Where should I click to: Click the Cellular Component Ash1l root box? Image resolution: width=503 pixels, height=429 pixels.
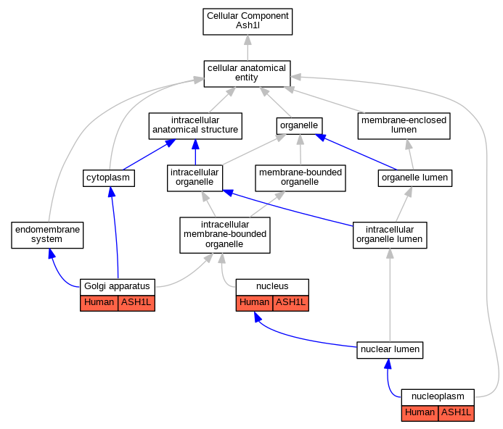(248, 22)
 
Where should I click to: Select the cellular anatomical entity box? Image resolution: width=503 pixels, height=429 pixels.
(247, 74)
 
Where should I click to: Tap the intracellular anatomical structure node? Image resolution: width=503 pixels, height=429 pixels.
(195, 126)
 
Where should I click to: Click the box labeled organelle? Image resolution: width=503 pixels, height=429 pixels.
(299, 126)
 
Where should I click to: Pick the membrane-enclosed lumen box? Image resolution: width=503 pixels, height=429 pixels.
(404, 126)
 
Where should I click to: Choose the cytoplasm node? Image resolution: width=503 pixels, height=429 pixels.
(108, 178)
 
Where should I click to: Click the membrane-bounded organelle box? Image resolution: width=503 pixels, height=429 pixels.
(300, 178)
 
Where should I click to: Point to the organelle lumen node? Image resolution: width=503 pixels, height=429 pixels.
(414, 178)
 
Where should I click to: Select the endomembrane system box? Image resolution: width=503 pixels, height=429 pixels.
(47, 235)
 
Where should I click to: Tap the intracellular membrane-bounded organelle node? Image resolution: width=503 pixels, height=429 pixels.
(225, 236)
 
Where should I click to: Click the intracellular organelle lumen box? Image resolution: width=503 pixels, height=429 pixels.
(390, 235)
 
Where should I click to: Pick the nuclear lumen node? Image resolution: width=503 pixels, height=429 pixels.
(390, 350)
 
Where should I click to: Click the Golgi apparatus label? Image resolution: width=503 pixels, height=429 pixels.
(117, 286)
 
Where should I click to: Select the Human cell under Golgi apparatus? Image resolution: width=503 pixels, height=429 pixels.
(99, 303)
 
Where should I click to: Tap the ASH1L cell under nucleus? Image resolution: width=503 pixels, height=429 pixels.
(290, 303)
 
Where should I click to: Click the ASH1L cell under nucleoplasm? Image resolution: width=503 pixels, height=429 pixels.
(456, 413)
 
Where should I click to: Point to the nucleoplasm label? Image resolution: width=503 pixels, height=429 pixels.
(438, 396)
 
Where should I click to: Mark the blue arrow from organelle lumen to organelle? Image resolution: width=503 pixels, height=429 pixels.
(356, 152)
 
